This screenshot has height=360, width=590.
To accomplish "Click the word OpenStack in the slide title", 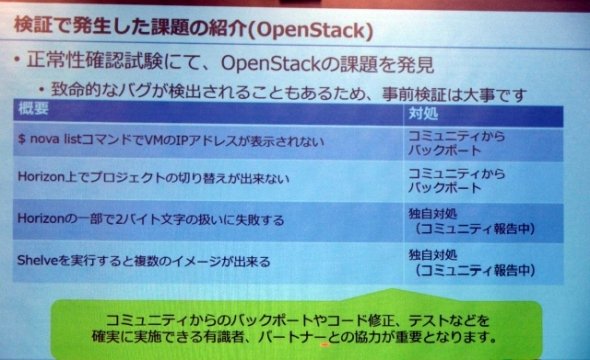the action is (311, 31).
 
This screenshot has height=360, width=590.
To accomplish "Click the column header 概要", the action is (33, 109).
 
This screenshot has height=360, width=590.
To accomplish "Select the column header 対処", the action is (423, 113).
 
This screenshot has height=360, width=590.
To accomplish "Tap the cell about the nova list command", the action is (208, 141).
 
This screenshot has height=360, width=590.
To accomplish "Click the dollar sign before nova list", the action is (22, 139).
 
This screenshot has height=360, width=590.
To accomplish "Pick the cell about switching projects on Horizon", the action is (208, 179).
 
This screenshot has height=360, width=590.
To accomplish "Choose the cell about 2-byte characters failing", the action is (208, 220).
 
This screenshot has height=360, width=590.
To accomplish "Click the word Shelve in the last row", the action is (37, 260).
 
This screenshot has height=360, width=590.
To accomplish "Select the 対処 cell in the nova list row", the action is (483, 143).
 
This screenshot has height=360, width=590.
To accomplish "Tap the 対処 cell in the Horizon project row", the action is (483, 181).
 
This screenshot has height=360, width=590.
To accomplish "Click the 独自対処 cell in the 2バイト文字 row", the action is (483, 222).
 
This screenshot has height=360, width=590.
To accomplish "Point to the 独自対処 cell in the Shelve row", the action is (483, 263).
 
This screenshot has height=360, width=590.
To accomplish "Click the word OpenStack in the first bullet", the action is (271, 64).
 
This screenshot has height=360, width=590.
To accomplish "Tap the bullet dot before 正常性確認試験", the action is (17, 59).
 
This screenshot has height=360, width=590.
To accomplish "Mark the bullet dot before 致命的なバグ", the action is (41, 90).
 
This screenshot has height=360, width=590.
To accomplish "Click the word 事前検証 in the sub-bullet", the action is (414, 94).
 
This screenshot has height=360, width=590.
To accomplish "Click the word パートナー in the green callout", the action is (290, 337).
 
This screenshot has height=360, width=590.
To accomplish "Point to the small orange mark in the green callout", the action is (325, 344).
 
